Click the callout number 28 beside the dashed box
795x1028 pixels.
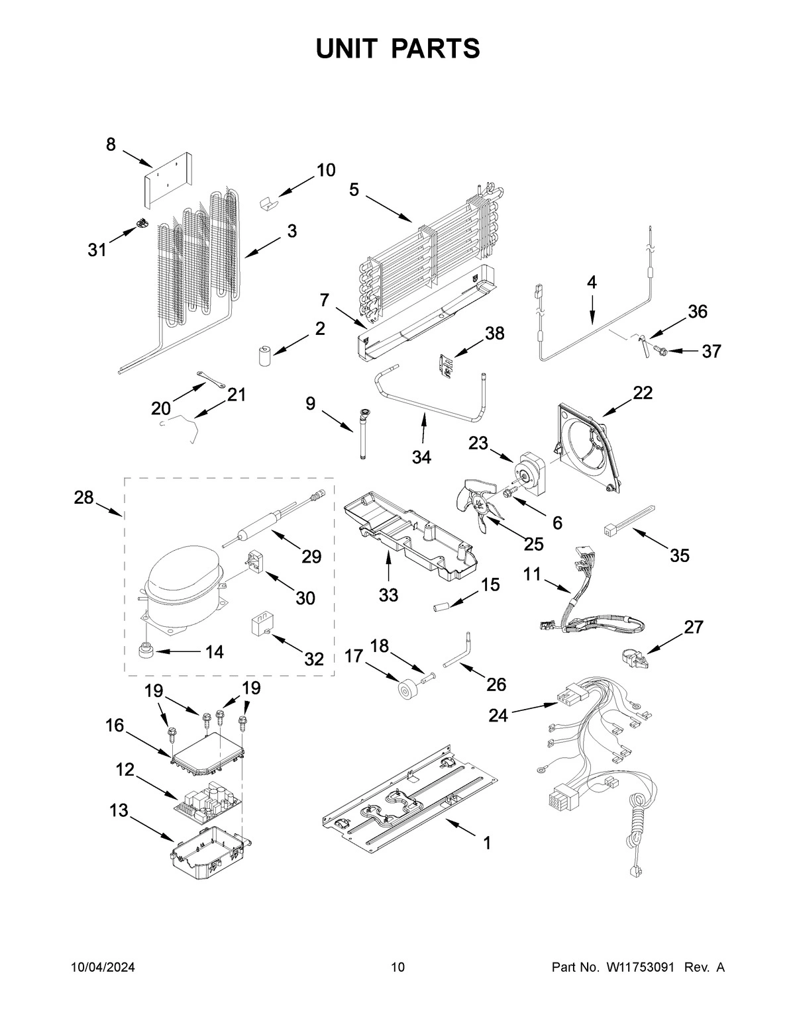tap(83, 497)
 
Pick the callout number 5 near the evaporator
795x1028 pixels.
tap(354, 190)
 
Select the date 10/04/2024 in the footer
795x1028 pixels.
tap(103, 967)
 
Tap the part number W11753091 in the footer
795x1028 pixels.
tap(640, 967)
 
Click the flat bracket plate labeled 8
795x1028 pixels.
tap(168, 179)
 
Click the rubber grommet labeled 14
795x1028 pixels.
tap(146, 651)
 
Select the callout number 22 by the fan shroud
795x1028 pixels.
tap(642, 393)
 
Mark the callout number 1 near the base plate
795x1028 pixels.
tap(487, 843)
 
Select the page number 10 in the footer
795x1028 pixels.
tap(397, 967)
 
